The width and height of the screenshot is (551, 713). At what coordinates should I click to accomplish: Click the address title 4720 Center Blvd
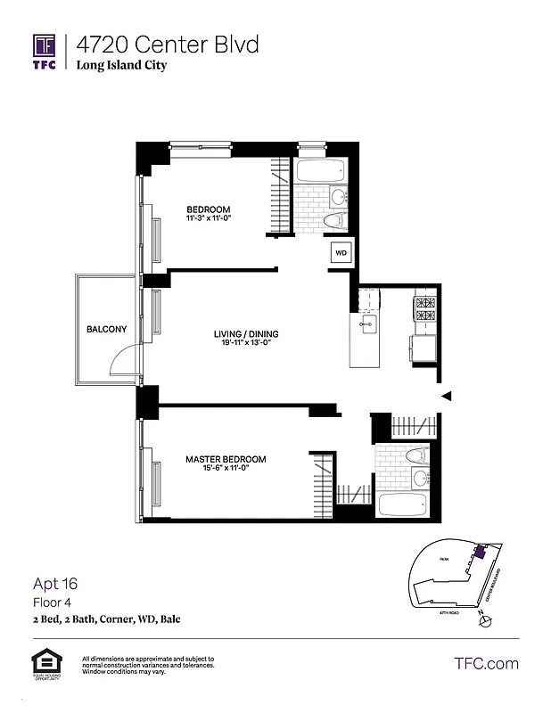[167, 44]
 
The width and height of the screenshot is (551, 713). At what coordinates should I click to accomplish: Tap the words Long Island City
[120, 66]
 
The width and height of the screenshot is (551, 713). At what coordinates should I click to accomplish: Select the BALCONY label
[106, 330]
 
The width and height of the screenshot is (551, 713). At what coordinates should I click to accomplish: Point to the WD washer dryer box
[341, 252]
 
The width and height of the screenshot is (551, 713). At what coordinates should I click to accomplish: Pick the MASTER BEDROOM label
[225, 460]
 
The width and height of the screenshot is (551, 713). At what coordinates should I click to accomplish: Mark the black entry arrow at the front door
[448, 396]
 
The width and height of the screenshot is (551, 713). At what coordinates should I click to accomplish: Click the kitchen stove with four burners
[424, 308]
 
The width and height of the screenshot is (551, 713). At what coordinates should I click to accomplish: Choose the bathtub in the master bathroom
[407, 504]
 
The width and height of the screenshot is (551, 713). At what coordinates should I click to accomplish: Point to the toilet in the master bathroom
[416, 455]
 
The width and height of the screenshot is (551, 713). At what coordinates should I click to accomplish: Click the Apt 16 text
[55, 585]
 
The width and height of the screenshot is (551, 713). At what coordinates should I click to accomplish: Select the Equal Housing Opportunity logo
[45, 665]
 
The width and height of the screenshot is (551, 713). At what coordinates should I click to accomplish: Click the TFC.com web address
[486, 663]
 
